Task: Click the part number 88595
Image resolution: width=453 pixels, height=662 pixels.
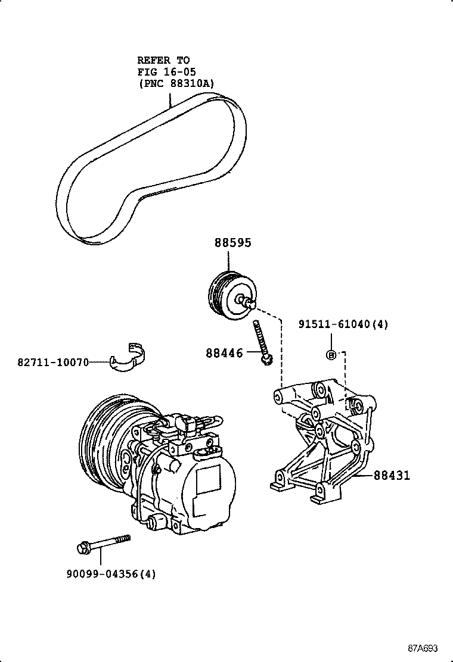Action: click(232, 243)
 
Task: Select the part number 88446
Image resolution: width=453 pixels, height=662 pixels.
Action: click(224, 352)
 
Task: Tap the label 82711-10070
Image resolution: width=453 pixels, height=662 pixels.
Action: click(53, 362)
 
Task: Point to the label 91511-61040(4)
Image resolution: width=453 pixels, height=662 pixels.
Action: click(343, 324)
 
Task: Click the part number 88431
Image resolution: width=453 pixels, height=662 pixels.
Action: click(392, 476)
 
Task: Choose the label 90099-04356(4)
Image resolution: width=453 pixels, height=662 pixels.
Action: click(111, 574)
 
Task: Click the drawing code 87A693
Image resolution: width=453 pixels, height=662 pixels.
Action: click(423, 648)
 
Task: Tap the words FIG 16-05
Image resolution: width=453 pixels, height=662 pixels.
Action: click(166, 71)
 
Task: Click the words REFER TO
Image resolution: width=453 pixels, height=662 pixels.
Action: click(163, 60)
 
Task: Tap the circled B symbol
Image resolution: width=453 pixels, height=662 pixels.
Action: click(331, 355)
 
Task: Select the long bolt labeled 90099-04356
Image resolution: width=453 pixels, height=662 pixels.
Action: click(104, 544)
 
